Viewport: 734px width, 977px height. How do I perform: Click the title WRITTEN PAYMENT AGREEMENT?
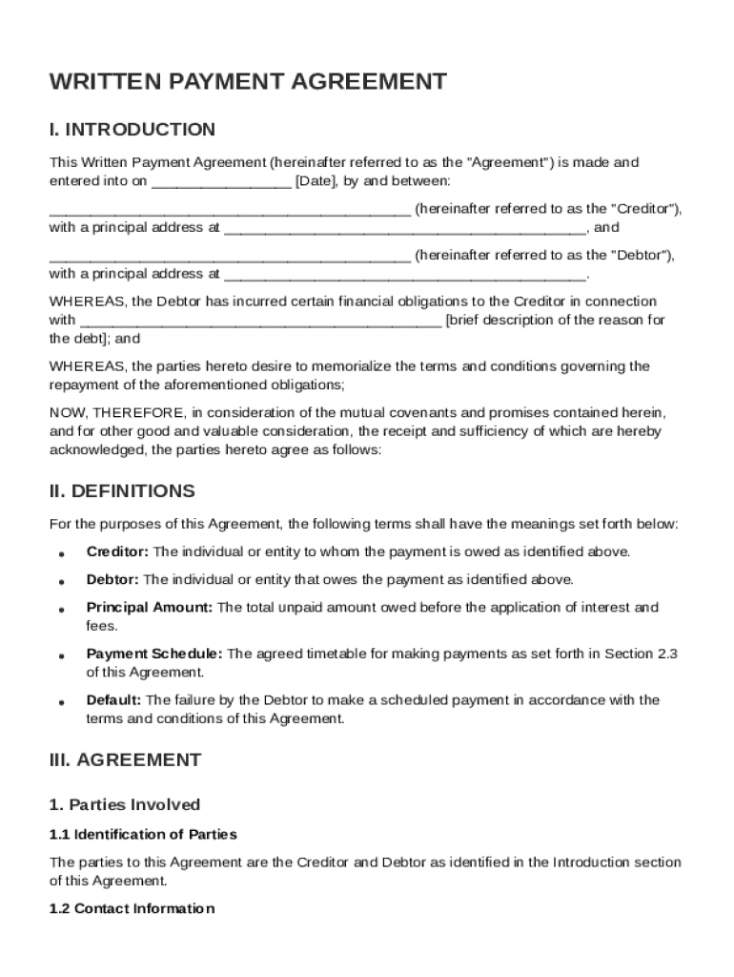(x=248, y=82)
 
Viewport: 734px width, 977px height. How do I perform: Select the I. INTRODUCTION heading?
(x=133, y=130)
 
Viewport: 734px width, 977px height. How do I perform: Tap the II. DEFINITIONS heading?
(x=122, y=491)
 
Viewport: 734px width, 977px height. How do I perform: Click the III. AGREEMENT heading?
(x=125, y=760)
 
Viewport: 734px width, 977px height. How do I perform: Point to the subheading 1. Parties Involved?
(x=125, y=805)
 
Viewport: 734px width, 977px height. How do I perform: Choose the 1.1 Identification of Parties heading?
(x=143, y=835)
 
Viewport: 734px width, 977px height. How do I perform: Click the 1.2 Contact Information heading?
(x=132, y=909)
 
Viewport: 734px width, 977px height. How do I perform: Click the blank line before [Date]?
(x=221, y=182)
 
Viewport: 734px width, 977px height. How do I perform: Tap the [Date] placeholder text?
(x=315, y=181)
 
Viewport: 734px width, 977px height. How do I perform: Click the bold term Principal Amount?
(x=150, y=608)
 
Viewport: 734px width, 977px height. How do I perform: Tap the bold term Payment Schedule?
(x=154, y=655)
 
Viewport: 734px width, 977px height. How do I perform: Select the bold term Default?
(x=113, y=700)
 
